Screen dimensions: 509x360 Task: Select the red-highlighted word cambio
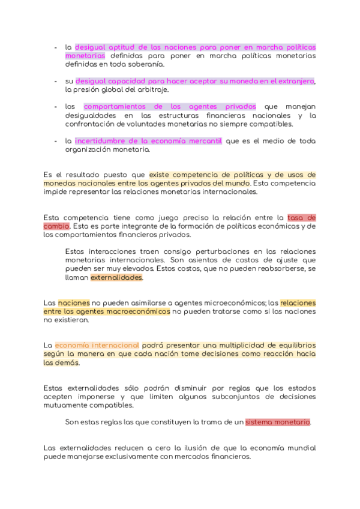coord(56,226)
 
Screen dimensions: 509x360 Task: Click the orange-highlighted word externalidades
coord(116,278)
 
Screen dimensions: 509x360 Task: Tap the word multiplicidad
coord(229,346)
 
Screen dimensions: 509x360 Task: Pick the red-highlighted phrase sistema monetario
coord(278,422)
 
